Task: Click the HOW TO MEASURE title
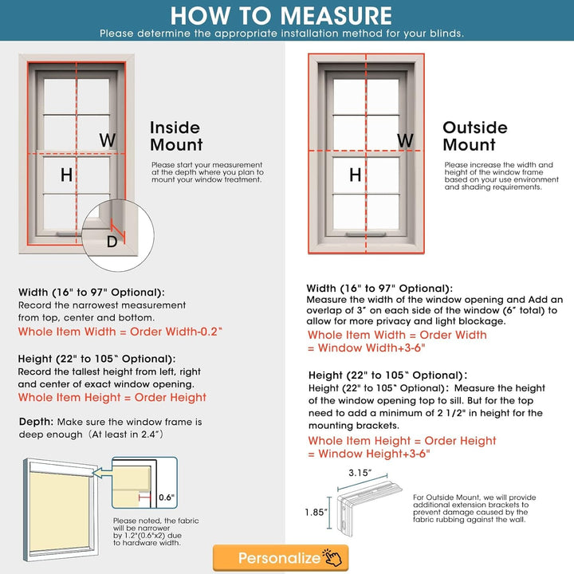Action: coord(281,15)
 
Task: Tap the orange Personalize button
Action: coord(280,557)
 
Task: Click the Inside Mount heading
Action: coord(176,136)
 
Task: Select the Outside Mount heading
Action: coord(474,136)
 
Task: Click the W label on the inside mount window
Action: coord(107,140)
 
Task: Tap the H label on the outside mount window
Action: coord(355,175)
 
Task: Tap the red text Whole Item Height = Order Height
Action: coord(112,397)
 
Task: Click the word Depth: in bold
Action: coord(37,421)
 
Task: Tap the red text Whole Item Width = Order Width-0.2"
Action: coord(120,331)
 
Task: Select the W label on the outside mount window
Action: coord(405,140)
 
